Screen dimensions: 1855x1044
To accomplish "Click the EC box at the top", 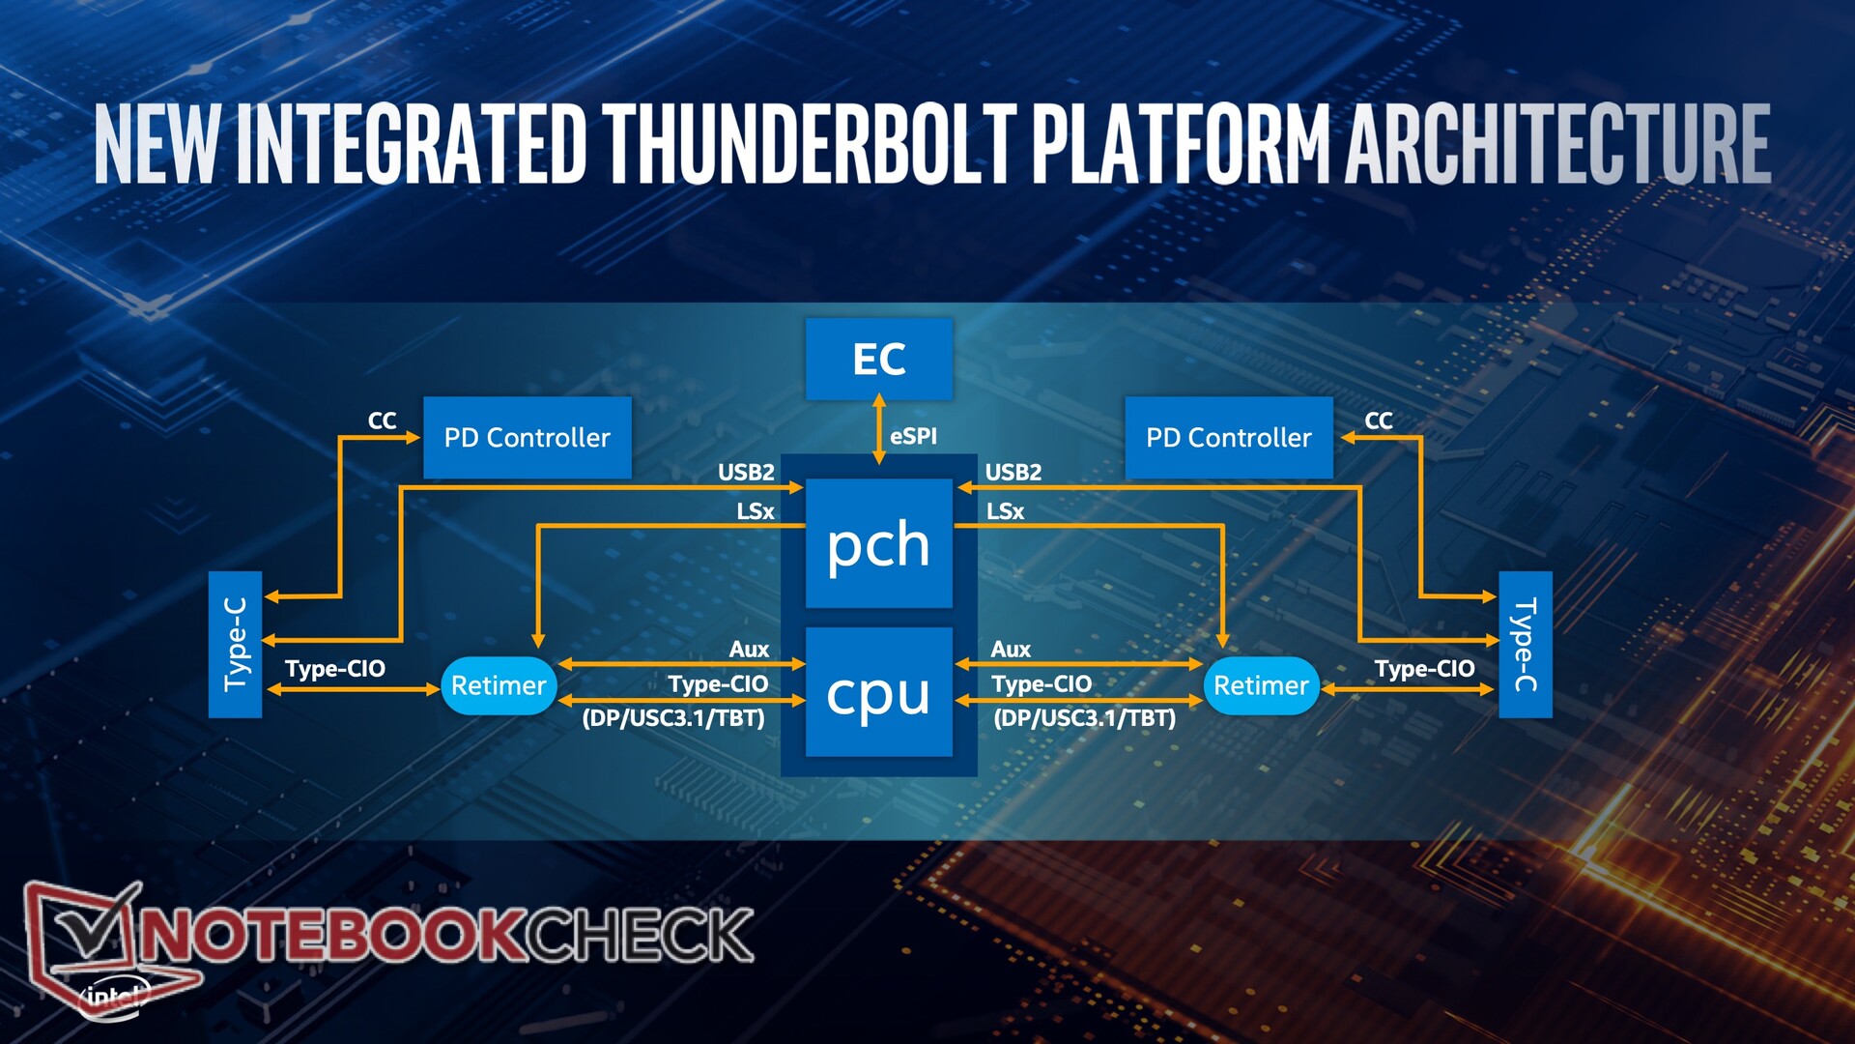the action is pos(879,359).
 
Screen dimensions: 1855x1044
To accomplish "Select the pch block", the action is pos(879,543).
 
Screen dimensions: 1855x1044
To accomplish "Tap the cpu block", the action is pos(879,692).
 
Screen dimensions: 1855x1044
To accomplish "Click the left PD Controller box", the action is pos(528,438).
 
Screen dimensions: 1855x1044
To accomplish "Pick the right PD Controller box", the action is pos(1229,438).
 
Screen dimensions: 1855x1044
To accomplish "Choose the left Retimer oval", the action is pos(499,685).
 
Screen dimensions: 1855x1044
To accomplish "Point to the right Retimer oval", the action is pos(1261,685).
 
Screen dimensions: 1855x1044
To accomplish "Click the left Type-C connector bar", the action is pos(236,645).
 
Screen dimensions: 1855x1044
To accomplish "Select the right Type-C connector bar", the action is pos(1526,645).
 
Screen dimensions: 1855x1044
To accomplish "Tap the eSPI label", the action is pos(913,436).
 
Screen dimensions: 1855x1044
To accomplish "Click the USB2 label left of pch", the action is pos(746,472).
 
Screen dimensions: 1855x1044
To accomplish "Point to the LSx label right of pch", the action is pos(1005,511).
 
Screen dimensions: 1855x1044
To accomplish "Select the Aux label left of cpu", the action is pos(749,650).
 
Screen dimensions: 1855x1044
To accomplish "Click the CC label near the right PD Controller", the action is pos(1379,420).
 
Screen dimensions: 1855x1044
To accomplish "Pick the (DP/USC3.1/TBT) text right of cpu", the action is pos(1085,718).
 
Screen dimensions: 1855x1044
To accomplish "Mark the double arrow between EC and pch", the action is pos(879,428).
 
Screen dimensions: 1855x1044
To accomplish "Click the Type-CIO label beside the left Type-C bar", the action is pos(335,669).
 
